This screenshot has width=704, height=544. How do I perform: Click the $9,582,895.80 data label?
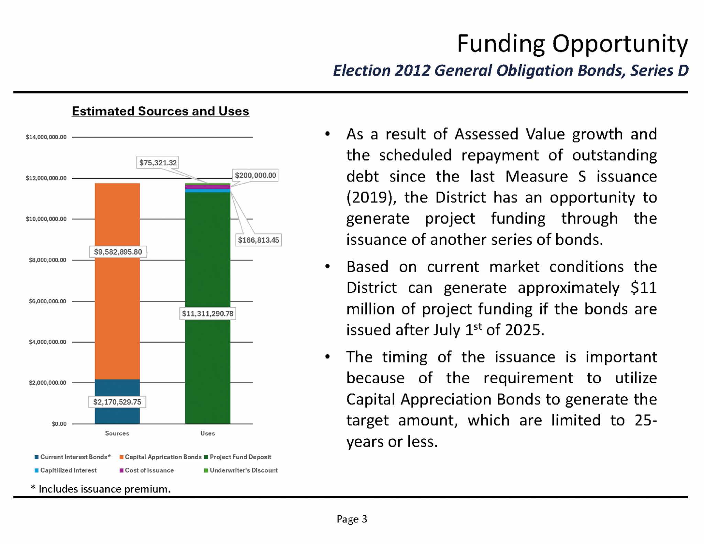(x=118, y=252)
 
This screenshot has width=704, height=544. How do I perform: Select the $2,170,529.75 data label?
(x=117, y=402)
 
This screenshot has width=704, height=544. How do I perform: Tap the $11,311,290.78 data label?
(x=208, y=313)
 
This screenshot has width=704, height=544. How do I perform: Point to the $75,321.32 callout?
(x=158, y=163)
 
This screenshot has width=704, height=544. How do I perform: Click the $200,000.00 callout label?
(x=255, y=175)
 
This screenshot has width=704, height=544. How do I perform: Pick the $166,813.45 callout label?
(x=258, y=240)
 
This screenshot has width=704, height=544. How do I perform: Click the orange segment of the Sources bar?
(x=117, y=309)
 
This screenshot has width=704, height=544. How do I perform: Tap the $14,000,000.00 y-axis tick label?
(x=46, y=137)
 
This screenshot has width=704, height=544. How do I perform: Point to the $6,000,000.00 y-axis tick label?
(x=47, y=301)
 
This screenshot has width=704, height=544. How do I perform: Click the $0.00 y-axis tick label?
(x=59, y=424)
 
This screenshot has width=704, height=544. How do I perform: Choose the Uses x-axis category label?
(x=208, y=433)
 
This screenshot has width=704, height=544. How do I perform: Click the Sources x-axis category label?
(x=117, y=433)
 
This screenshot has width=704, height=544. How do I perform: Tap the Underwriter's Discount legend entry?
(x=243, y=470)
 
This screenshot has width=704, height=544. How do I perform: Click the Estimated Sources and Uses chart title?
(x=160, y=111)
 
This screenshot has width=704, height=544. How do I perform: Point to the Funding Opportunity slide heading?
(x=572, y=44)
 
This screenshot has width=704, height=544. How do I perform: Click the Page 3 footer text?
(x=352, y=519)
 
